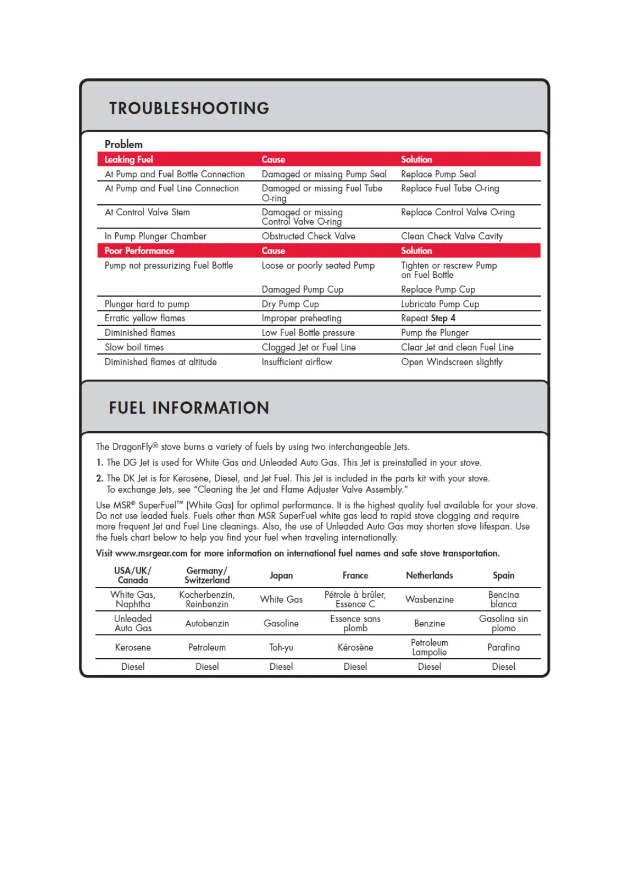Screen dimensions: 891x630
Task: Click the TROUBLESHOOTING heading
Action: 189,108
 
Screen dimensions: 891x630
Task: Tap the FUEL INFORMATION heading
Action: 189,408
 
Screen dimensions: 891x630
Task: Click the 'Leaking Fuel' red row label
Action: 129,159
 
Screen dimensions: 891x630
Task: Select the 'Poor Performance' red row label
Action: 139,251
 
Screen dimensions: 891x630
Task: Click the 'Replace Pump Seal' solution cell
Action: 438,174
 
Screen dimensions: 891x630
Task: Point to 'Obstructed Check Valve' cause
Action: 308,236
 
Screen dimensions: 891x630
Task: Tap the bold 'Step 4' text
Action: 443,318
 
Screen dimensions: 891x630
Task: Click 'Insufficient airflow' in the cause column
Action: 297,362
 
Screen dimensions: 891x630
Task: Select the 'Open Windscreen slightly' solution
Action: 452,362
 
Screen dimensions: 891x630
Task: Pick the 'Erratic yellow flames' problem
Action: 145,318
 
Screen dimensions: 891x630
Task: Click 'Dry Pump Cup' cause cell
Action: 290,304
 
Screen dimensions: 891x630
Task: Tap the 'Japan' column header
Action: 281,575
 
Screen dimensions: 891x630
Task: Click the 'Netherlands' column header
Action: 430,575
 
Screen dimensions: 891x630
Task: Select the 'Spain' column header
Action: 504,575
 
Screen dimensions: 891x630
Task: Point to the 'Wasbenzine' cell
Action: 430,599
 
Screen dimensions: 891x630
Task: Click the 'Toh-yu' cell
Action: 281,647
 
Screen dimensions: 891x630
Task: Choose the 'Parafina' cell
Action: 504,647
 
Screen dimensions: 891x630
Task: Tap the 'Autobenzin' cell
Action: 207,623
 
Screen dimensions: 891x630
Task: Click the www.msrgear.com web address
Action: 151,553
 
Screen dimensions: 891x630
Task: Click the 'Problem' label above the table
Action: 124,144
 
